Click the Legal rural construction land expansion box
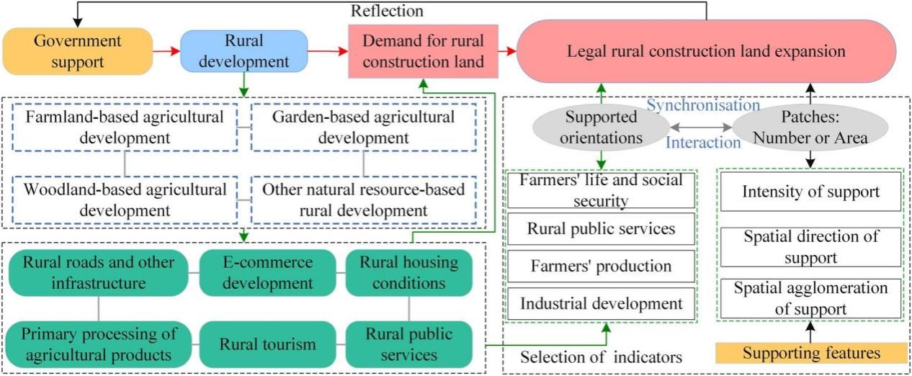pyautogui.click(x=706, y=52)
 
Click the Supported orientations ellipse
pyautogui.click(x=600, y=127)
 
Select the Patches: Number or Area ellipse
pyautogui.click(x=810, y=127)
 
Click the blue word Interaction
pyautogui.click(x=702, y=142)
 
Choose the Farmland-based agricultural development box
pyautogui.click(x=124, y=127)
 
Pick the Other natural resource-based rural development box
pyautogui.click(x=363, y=201)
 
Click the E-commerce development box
pyautogui.click(x=267, y=272)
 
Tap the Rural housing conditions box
pyautogui.click(x=409, y=272)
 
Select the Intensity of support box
pyautogui.click(x=810, y=192)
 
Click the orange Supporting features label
pyautogui.click(x=810, y=353)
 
